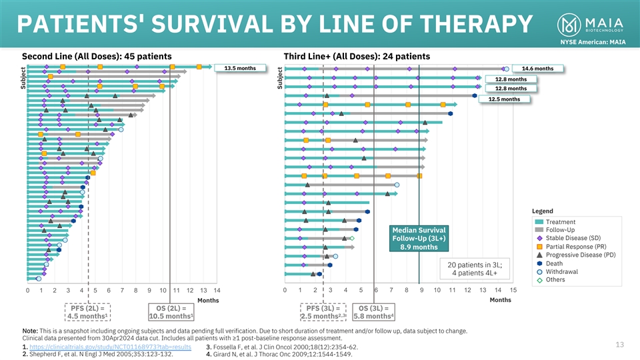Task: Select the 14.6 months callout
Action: tap(537, 68)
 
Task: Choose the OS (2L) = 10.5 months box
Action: tap(171, 312)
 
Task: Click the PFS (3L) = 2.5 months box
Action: tap(324, 312)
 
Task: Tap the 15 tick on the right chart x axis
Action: tap(513, 291)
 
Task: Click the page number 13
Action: tap(619, 344)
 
